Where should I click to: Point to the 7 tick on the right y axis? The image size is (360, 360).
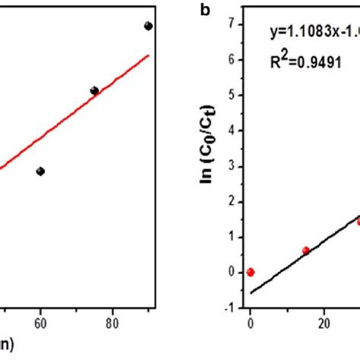pyautogui.click(x=229, y=25)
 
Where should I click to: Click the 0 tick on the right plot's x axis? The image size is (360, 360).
pyautogui.click(x=250, y=322)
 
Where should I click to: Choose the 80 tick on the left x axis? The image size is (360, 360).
pyautogui.click(x=112, y=322)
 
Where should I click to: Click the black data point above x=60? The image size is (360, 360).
pyautogui.click(x=40, y=171)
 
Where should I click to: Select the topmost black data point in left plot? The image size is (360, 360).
pyautogui.click(x=148, y=26)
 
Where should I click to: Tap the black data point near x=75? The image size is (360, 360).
pyautogui.click(x=94, y=90)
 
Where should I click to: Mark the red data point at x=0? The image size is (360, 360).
pyautogui.click(x=250, y=272)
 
